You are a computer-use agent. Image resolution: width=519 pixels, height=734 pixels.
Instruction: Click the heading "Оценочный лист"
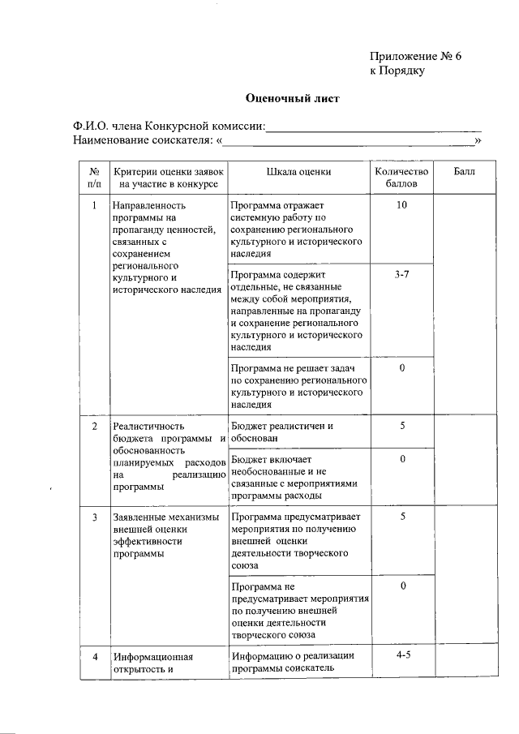[293, 99]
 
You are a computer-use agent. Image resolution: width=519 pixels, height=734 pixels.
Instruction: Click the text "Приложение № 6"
[415, 56]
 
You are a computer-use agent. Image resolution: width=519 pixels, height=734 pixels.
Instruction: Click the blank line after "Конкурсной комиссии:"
[374, 127]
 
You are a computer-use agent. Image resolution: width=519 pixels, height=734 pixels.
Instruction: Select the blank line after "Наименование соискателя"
[348, 140]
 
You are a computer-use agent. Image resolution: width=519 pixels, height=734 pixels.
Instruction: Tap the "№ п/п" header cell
[94, 178]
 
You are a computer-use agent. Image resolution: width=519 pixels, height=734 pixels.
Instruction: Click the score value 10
[401, 205]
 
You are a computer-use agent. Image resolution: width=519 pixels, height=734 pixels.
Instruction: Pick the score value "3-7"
[401, 276]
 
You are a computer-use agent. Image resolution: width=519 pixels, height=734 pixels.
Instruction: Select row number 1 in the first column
[94, 205]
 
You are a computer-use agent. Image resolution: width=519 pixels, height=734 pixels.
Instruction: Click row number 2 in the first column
[94, 426]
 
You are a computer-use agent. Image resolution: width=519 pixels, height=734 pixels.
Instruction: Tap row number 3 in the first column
[94, 517]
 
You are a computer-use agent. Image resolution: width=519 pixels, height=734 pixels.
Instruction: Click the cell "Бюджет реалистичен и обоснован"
[282, 431]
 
